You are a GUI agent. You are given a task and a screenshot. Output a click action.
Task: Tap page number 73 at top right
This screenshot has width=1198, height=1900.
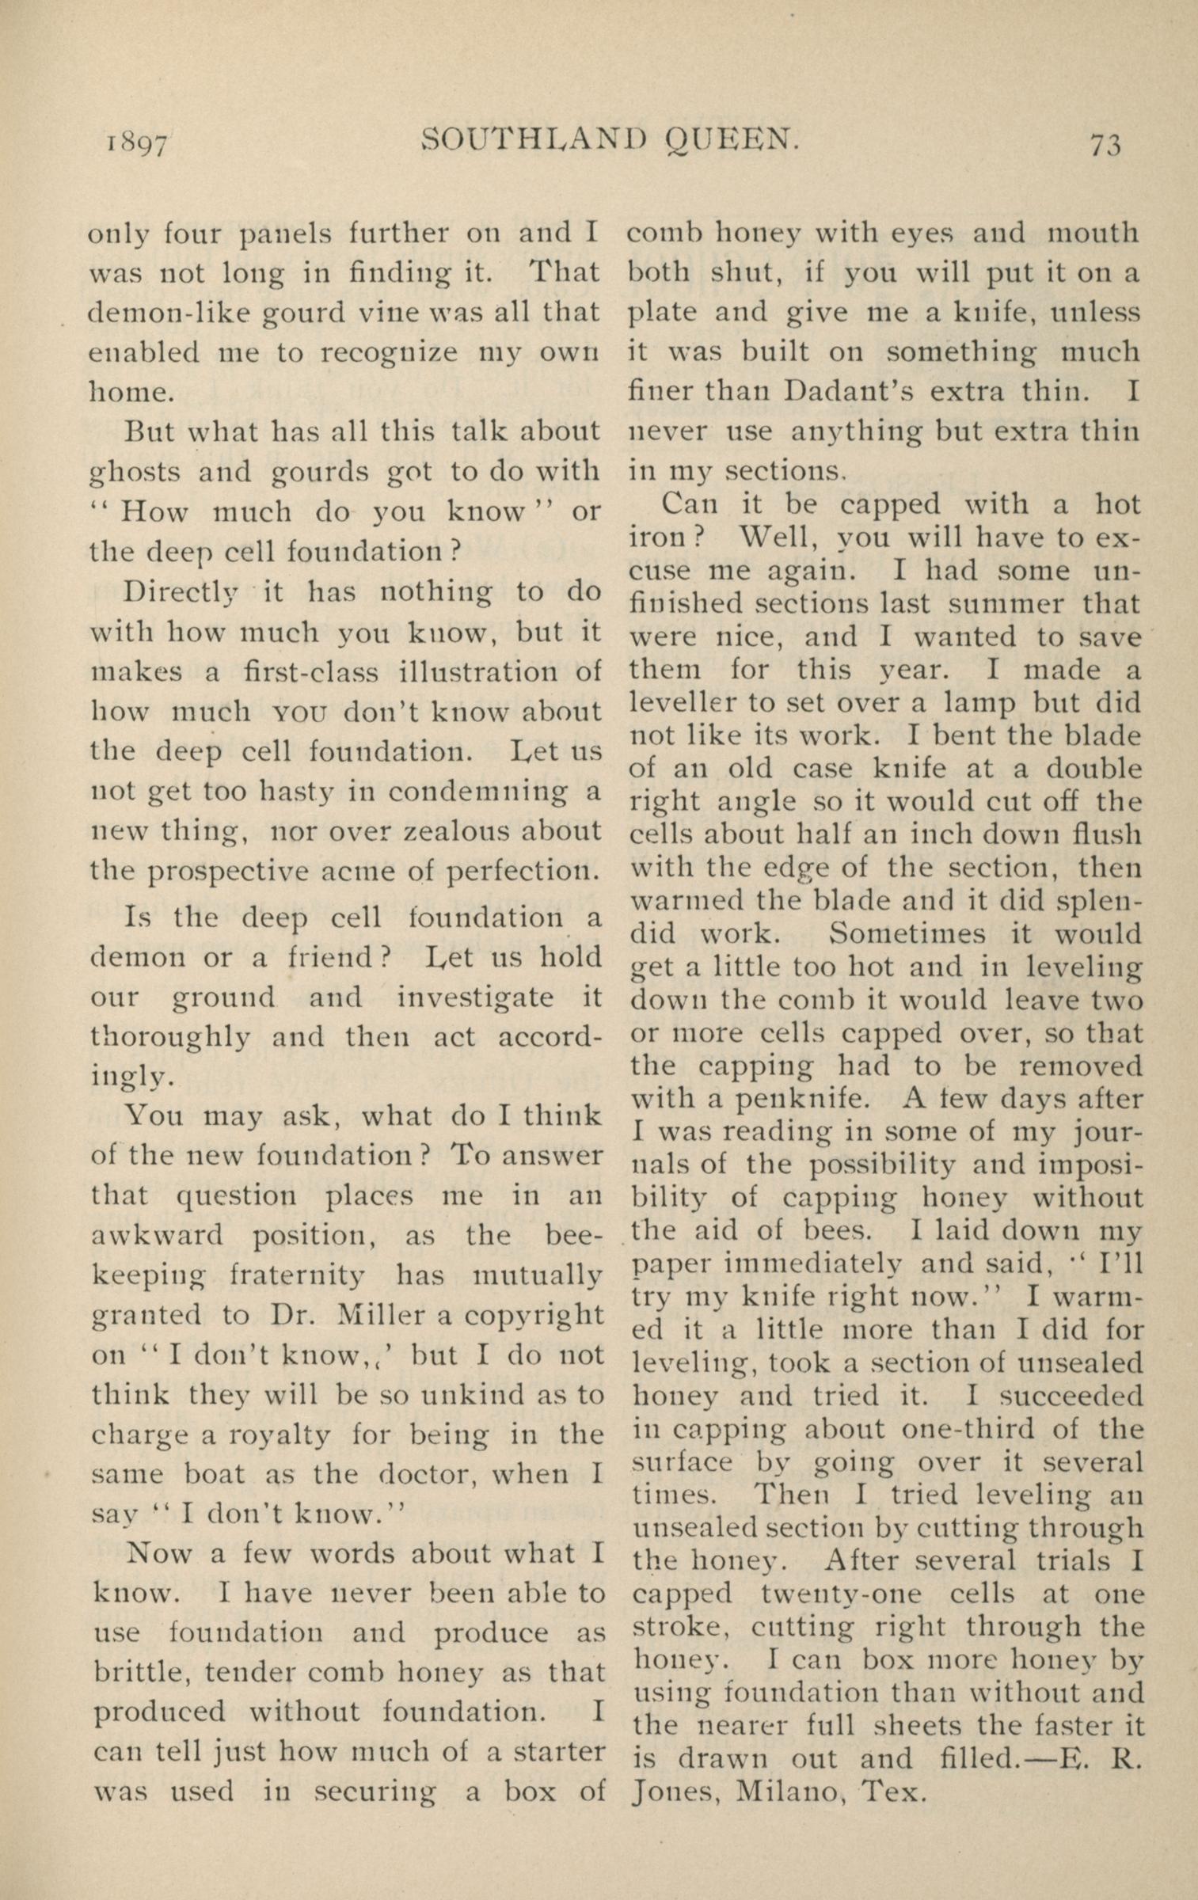tap(1105, 145)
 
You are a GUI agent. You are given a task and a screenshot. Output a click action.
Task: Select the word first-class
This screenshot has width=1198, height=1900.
tap(311, 672)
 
